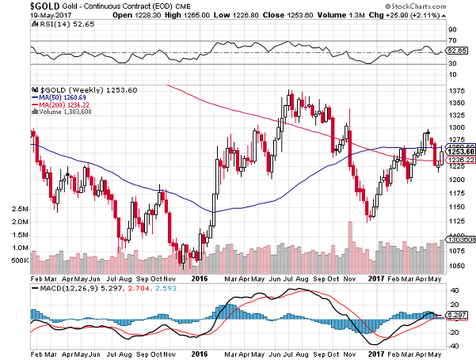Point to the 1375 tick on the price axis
point(456,91)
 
